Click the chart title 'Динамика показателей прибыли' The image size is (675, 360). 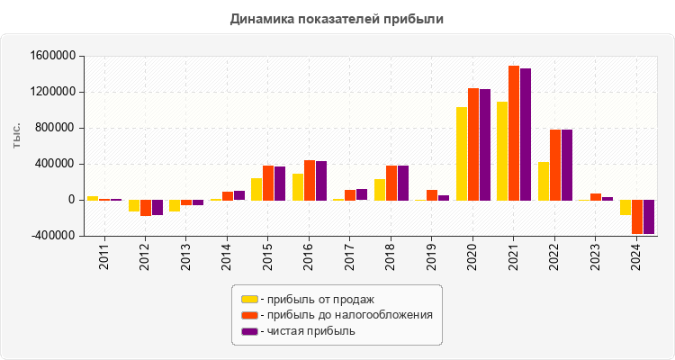pos(337,18)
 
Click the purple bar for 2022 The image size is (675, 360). pos(567,165)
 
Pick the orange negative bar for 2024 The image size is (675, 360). pos(637,217)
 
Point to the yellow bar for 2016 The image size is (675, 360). pos(298,187)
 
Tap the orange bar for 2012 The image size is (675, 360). pos(146,208)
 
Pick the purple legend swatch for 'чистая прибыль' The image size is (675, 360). pos(249,331)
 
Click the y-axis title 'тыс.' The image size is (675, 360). pos(17,135)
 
